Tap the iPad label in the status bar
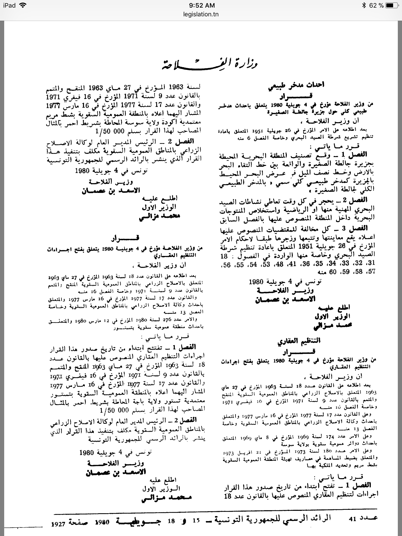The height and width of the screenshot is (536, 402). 9,5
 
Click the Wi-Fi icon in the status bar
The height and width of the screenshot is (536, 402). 23,5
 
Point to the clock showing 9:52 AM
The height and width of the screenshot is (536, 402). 201,5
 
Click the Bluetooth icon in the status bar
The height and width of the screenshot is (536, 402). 364,5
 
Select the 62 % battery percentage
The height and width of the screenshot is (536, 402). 376,5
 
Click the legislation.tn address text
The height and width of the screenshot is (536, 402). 201,14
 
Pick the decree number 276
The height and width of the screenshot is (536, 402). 161,320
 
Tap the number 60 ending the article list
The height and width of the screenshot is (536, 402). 333,272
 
